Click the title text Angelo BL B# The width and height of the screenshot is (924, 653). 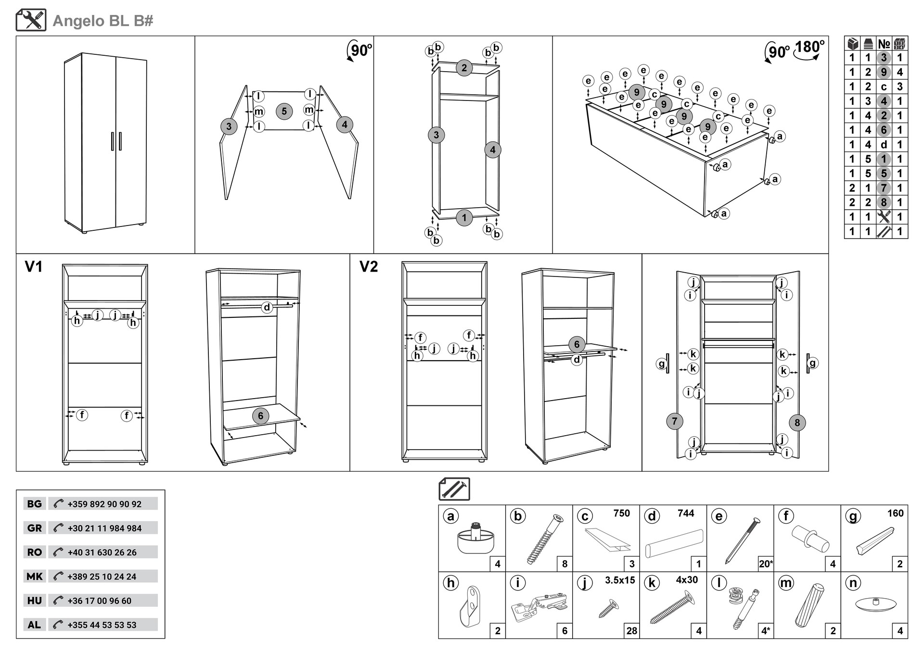click(x=103, y=21)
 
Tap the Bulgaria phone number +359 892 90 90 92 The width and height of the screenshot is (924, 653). click(x=104, y=504)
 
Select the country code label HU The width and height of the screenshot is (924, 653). click(x=35, y=601)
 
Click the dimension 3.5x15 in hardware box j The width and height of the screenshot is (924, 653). click(x=620, y=580)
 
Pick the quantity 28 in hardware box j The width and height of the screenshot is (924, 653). click(x=631, y=631)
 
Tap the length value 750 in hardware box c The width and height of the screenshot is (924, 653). click(x=621, y=513)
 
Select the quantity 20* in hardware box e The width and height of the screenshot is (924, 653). click(x=765, y=564)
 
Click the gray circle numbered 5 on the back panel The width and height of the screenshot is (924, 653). click(x=284, y=112)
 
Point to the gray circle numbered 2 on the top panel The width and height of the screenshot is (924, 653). click(x=464, y=68)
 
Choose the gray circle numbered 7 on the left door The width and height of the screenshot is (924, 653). click(x=674, y=422)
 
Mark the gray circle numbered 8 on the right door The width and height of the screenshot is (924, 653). click(x=797, y=423)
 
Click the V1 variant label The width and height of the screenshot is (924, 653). click(x=34, y=267)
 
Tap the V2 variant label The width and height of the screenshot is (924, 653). click(x=369, y=267)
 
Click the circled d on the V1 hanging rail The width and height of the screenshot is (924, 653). click(x=267, y=307)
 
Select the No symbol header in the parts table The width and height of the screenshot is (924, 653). click(x=884, y=44)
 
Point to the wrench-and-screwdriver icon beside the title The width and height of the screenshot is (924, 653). click(x=31, y=20)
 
